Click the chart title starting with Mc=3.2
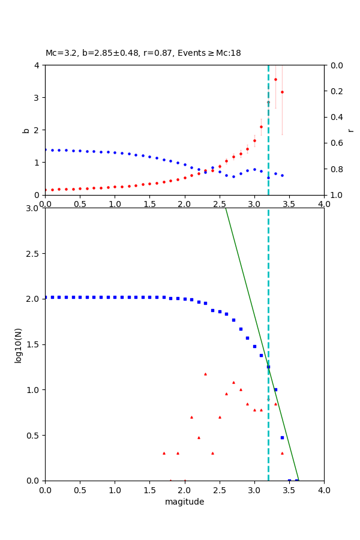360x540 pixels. pos(143,53)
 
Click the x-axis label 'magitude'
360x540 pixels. pos(184,502)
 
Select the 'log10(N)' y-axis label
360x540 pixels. pos(18,344)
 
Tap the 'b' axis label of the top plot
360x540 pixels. pos(26,130)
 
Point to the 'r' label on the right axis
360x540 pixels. pos(350,130)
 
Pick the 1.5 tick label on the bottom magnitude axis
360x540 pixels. pos(149,490)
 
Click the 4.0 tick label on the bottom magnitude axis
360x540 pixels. pos(323,490)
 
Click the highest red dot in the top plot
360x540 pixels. pos(275,79)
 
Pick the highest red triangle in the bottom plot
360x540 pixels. pos(205,374)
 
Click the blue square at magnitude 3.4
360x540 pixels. pos(282,437)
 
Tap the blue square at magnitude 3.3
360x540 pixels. pos(275,389)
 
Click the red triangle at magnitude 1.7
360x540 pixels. pos(164,453)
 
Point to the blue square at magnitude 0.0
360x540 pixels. pos(46,297)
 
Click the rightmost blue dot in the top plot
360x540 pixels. pos(282,175)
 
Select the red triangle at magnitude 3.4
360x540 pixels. pos(282,453)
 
